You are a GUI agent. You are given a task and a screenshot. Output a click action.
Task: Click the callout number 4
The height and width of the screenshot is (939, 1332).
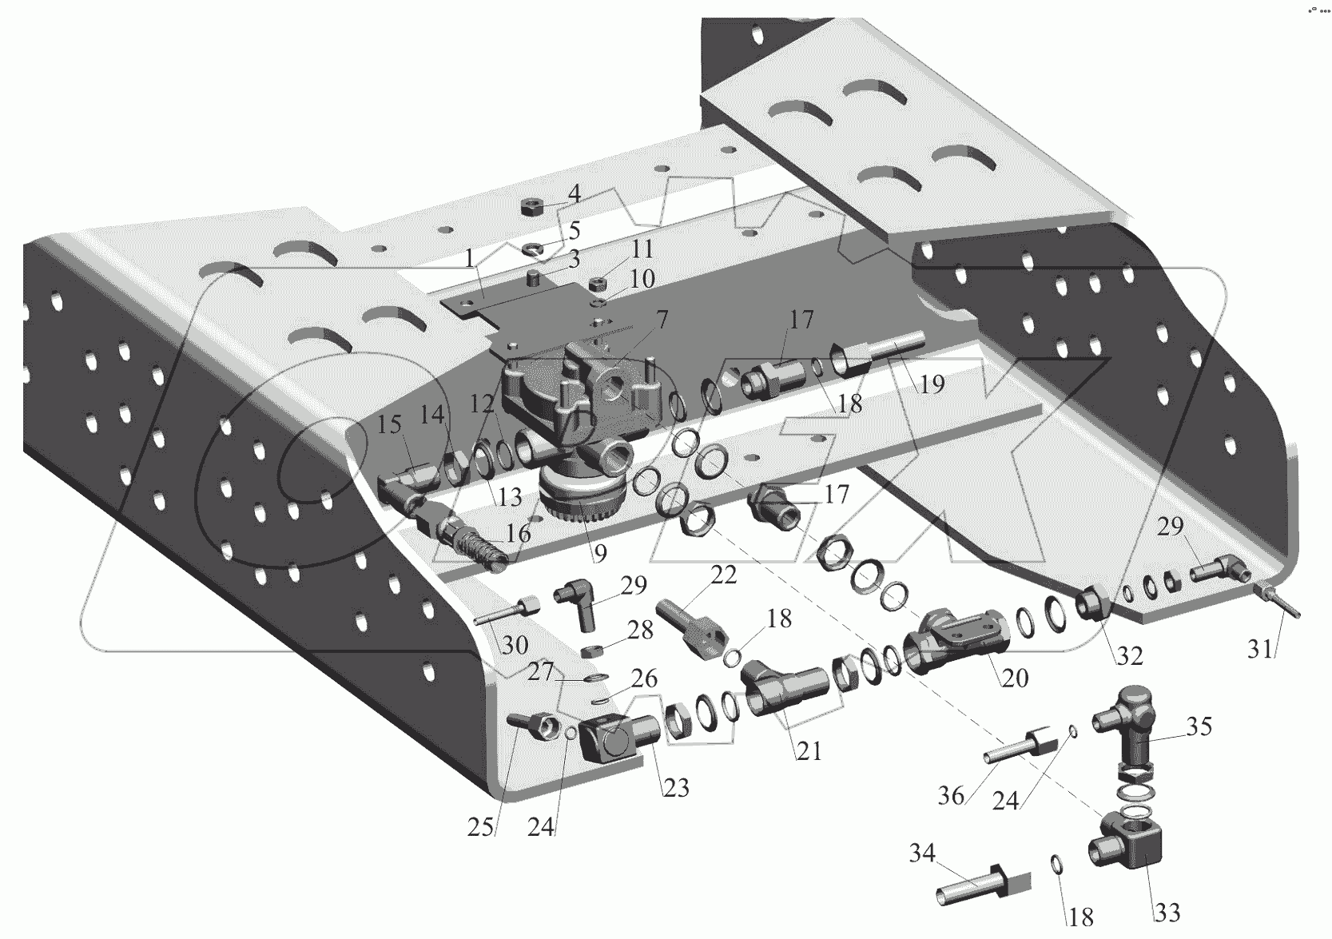click(574, 195)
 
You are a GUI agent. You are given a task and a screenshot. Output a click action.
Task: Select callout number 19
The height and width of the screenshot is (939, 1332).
click(932, 384)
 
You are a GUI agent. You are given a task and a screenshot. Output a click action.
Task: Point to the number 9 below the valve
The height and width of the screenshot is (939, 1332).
click(599, 551)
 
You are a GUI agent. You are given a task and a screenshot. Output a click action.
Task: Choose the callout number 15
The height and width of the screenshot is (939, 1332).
click(389, 424)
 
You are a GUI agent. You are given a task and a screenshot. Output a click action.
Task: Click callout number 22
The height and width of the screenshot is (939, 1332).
click(724, 575)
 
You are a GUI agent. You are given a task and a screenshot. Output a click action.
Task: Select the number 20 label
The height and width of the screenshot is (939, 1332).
click(1014, 678)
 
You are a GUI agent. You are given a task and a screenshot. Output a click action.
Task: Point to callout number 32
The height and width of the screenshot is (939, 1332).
click(1130, 656)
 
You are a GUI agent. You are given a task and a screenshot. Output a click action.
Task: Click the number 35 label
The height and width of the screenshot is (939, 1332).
click(1199, 726)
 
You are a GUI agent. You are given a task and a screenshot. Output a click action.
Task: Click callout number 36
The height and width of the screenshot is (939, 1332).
click(950, 795)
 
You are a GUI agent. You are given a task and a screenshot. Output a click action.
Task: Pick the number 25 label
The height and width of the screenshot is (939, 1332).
click(480, 827)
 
